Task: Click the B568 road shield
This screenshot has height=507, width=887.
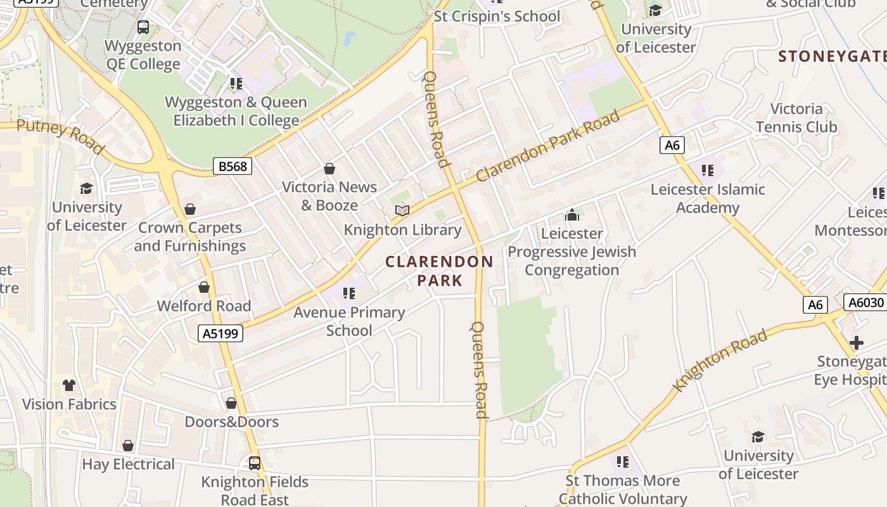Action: (232, 167)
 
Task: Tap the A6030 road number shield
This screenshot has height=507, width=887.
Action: (865, 302)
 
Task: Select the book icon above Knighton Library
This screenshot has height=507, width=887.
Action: (402, 210)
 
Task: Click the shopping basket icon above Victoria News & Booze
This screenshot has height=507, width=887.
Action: (329, 169)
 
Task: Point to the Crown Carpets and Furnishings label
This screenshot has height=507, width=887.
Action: (190, 237)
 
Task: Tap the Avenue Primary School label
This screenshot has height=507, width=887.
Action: (349, 321)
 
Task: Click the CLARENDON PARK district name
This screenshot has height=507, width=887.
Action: (439, 271)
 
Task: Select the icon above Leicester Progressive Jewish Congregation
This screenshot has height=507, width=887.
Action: (572, 215)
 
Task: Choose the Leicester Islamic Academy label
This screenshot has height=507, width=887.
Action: (708, 198)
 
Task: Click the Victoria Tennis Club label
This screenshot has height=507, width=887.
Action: (796, 118)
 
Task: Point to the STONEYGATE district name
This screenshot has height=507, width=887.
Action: (832, 56)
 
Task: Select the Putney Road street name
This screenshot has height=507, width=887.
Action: (60, 136)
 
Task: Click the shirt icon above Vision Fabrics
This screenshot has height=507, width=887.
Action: (69, 385)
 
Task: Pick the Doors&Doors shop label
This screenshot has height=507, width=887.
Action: (231, 422)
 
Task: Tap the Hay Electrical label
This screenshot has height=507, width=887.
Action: (128, 465)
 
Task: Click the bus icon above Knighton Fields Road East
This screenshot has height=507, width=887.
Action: (255, 463)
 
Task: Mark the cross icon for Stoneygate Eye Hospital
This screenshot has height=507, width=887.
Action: (857, 343)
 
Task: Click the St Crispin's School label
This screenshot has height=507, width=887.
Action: (497, 16)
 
